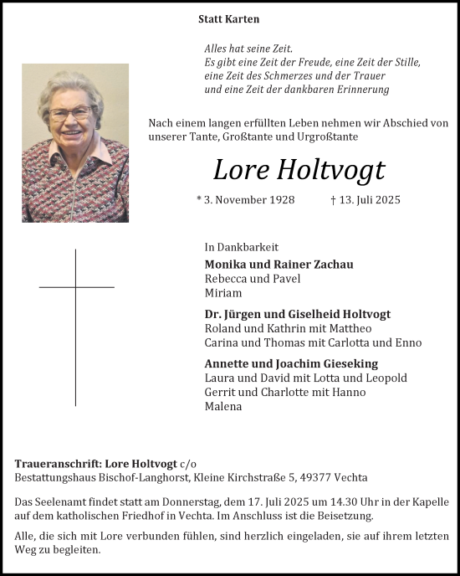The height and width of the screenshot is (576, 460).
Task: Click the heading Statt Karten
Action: [x=228, y=18]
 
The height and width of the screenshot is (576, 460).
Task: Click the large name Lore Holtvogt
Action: [x=299, y=170]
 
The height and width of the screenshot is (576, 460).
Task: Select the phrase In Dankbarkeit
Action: [x=241, y=247]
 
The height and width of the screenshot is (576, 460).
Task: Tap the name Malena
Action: [x=222, y=406]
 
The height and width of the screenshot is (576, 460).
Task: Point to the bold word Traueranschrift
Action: [x=54, y=464]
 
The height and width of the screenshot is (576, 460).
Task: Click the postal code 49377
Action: [x=319, y=477]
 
